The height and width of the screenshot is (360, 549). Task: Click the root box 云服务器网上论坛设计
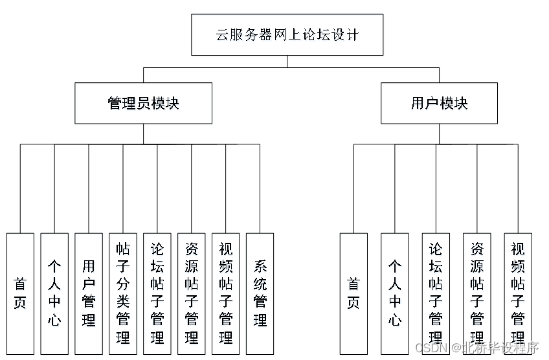pyautogui.click(x=287, y=35)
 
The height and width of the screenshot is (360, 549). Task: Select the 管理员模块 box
pyautogui.click(x=143, y=103)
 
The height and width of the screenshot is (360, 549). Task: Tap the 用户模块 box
pyautogui.click(x=439, y=103)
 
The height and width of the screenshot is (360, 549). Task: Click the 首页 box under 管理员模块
pyautogui.click(x=20, y=293)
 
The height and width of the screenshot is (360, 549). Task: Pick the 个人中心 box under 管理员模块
pyautogui.click(x=54, y=293)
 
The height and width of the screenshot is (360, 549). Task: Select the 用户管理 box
pyautogui.click(x=89, y=293)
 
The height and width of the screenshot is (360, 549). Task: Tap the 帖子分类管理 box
pyautogui.click(x=123, y=293)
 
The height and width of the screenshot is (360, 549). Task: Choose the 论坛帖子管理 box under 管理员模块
pyautogui.click(x=157, y=293)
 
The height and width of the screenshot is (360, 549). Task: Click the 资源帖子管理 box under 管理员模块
pyautogui.click(x=192, y=293)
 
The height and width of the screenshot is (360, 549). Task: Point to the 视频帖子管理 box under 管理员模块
pyautogui.click(x=226, y=293)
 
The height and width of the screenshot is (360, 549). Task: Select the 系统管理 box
pyautogui.click(x=260, y=293)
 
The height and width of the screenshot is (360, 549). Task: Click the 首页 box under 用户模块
pyautogui.click(x=353, y=293)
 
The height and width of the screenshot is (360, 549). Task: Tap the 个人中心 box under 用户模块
pyautogui.click(x=394, y=293)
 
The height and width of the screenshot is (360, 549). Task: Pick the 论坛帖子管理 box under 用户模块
pyautogui.click(x=436, y=293)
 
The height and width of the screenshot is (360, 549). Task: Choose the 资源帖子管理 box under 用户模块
pyautogui.click(x=477, y=293)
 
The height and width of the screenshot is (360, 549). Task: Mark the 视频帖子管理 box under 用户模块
pyautogui.click(x=518, y=293)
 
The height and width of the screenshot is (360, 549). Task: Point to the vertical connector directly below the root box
pyautogui.click(x=287, y=62)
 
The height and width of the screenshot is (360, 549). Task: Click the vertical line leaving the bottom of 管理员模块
pyautogui.click(x=143, y=133)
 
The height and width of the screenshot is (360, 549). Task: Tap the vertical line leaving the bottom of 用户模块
pyautogui.click(x=439, y=133)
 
